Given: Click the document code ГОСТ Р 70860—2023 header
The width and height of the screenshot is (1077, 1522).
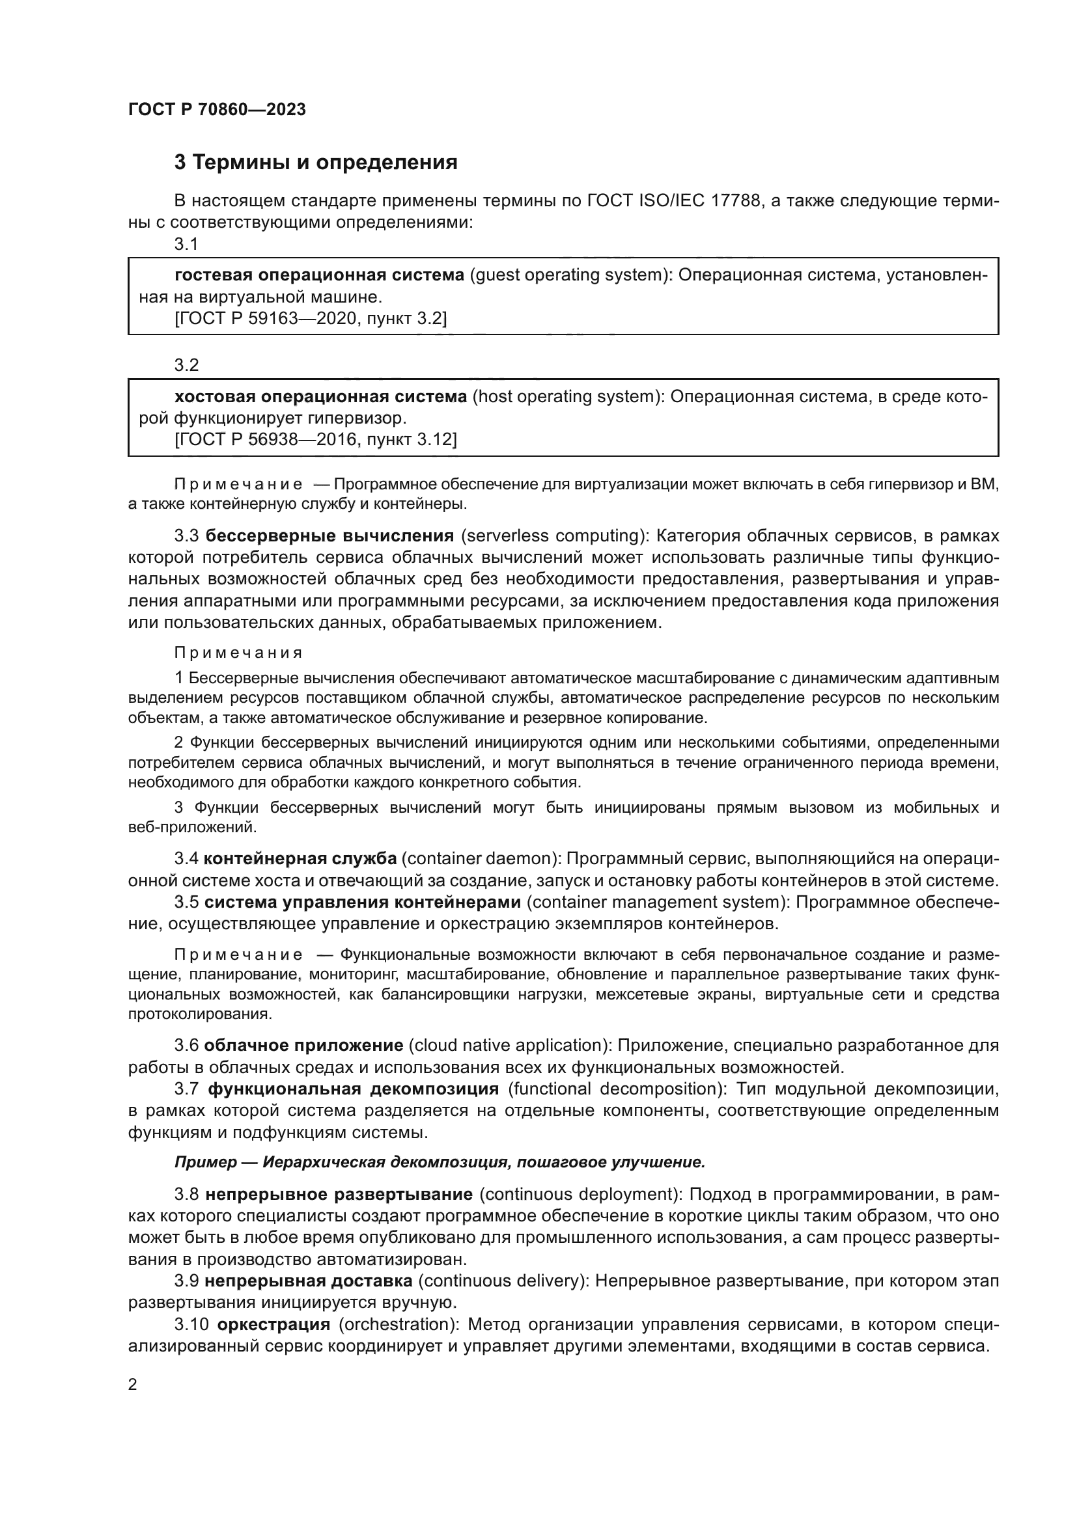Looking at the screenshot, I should [217, 109].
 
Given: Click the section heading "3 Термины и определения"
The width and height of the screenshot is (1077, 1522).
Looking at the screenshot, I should [316, 163].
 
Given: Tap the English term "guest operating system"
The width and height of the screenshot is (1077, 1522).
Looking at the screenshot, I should [568, 275].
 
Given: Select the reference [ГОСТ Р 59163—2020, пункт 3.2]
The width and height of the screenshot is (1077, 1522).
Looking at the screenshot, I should [311, 319].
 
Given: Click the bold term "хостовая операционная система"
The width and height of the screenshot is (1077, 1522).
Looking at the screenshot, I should [321, 396].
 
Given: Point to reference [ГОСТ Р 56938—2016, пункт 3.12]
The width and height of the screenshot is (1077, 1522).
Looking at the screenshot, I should [316, 439].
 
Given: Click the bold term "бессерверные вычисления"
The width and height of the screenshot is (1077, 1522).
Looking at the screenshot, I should [329, 536].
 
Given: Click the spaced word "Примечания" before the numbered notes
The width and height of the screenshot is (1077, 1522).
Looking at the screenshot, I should [238, 653].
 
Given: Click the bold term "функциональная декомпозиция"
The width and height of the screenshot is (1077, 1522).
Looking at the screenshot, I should [354, 1089].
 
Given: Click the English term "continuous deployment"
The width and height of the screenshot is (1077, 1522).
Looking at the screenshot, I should [580, 1195].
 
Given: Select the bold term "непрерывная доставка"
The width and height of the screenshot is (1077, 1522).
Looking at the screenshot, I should [309, 1281].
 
